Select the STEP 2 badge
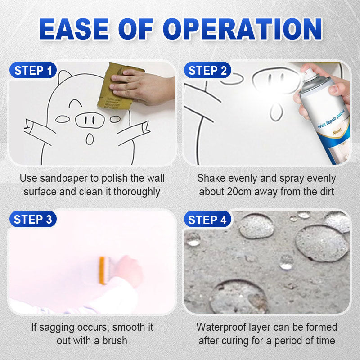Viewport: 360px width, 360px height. pyautogui.click(x=207, y=71)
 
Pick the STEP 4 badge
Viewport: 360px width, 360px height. pyautogui.click(x=207, y=220)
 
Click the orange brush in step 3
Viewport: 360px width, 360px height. pyautogui.click(x=103, y=269)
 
